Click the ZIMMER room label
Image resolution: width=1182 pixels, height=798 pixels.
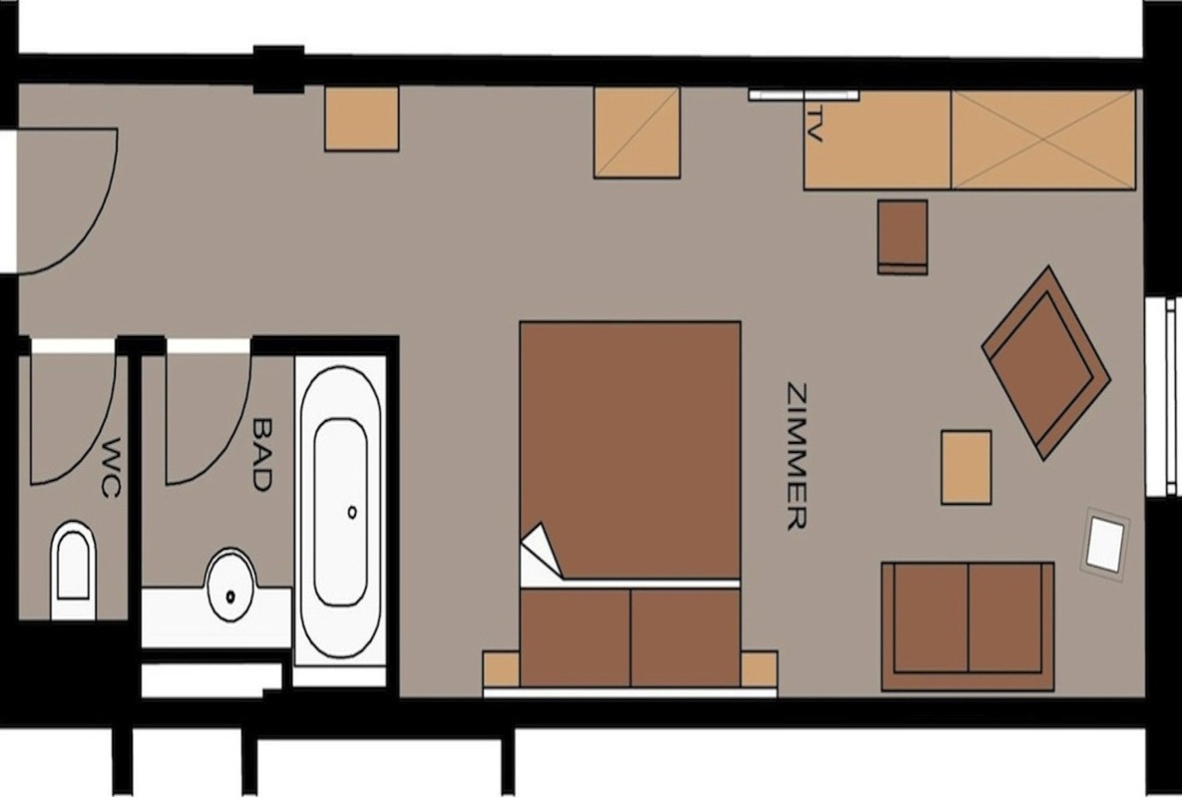click(x=797, y=457)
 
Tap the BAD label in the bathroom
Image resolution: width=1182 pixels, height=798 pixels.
click(x=260, y=455)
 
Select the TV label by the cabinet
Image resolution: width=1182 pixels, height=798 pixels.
click(x=814, y=124)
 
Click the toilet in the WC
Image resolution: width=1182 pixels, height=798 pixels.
click(x=73, y=570)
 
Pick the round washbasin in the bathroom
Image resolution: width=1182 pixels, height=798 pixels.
click(x=230, y=585)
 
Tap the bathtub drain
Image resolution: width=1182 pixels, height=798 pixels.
click(x=352, y=513)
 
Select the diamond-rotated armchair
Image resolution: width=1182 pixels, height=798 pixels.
click(x=1045, y=362)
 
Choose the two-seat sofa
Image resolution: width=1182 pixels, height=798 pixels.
click(x=968, y=625)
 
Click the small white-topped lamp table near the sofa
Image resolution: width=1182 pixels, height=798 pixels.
click(x=1106, y=544)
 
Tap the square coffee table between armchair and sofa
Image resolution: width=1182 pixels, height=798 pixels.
click(x=966, y=467)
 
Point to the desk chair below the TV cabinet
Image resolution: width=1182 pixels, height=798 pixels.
click(x=903, y=236)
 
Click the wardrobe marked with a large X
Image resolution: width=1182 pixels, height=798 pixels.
click(x=1043, y=140)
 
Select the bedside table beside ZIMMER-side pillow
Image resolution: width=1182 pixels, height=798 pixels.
click(x=759, y=669)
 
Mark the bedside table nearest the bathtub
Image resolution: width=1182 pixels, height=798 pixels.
click(x=502, y=669)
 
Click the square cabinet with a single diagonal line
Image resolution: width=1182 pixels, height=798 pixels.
click(x=637, y=133)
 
